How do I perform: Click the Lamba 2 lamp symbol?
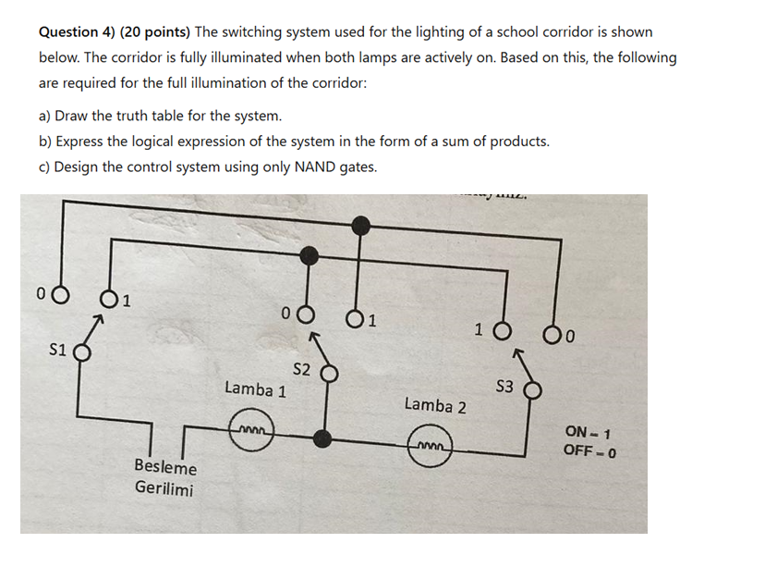[431, 450]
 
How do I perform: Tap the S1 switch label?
[57, 351]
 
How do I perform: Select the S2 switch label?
[301, 370]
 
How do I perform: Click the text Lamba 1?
[255, 389]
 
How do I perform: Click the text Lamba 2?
[435, 405]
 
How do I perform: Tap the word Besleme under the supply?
[165, 467]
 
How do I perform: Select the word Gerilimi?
[164, 487]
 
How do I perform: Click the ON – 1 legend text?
[589, 432]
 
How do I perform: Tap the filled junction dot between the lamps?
[322, 438]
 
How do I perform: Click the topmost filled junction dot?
[362, 222]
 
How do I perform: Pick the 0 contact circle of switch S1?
[60, 295]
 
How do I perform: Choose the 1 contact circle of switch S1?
[109, 299]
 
